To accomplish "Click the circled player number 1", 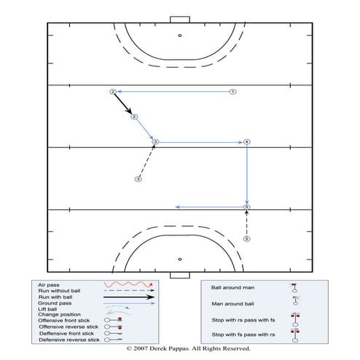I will tap(232, 92).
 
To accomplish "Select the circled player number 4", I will tap(247, 141).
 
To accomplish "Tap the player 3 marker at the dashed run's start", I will tap(138, 179).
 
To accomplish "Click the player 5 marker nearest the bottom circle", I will tap(246, 238).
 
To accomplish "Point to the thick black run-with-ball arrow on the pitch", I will tap(123, 104).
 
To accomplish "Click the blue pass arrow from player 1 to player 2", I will tap(173, 92).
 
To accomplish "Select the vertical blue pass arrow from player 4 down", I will tap(247, 175).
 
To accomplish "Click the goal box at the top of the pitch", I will tap(179, 19).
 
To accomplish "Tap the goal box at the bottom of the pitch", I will tap(179, 275).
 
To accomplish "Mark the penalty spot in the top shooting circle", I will tap(179, 35).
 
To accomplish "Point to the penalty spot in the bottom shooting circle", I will tap(179, 259).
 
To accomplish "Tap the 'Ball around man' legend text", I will tap(227, 287).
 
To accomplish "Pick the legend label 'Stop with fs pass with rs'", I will tap(238, 334).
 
